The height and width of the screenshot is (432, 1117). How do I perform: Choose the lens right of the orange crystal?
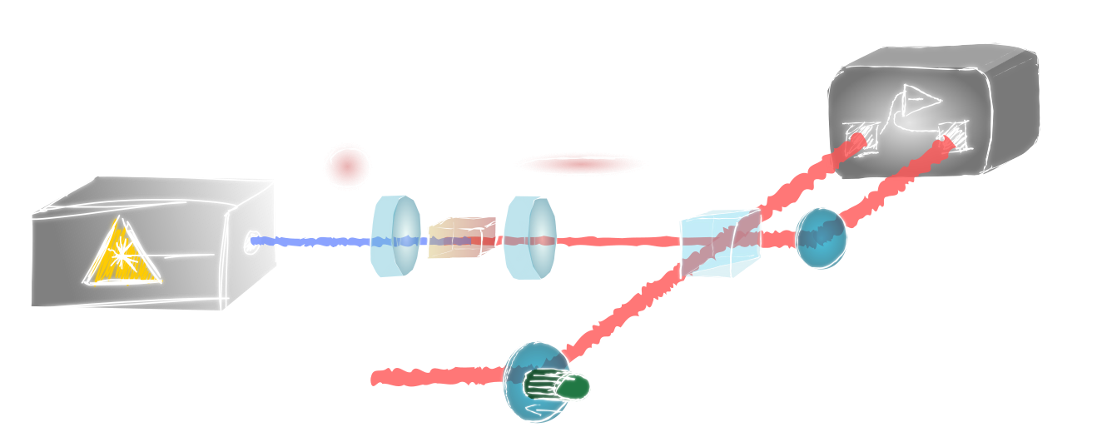point(529,237)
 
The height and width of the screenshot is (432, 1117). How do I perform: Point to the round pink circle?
point(346,164)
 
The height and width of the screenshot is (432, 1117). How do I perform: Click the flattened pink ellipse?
point(580,164)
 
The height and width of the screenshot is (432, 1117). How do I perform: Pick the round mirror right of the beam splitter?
point(820,239)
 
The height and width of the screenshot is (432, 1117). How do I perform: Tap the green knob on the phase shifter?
point(577,387)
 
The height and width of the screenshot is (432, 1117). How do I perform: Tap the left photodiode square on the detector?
point(860,135)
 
